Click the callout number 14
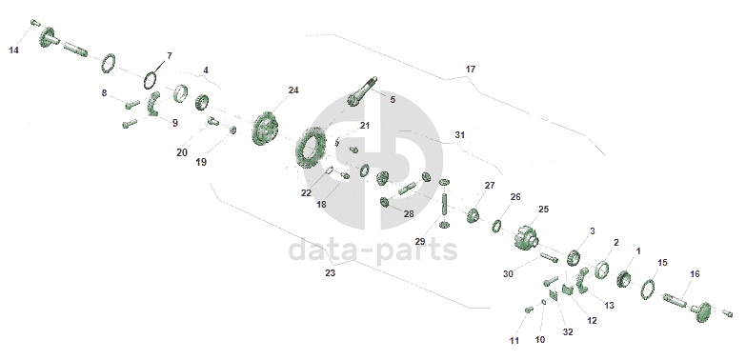(x=14, y=50)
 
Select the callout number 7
(x=169, y=55)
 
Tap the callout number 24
(x=293, y=90)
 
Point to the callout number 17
(x=470, y=70)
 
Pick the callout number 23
(x=331, y=273)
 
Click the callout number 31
(x=459, y=135)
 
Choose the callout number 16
(x=695, y=274)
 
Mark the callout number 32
(x=568, y=332)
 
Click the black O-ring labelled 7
(x=151, y=80)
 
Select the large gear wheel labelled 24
(x=265, y=129)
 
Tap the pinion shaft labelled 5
(x=362, y=91)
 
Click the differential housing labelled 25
(x=526, y=236)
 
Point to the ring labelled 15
(x=647, y=290)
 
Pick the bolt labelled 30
(x=549, y=258)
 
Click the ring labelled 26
(x=496, y=226)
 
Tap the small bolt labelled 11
(x=528, y=310)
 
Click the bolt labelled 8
(x=132, y=103)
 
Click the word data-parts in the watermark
(x=373, y=250)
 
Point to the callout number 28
(x=409, y=214)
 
